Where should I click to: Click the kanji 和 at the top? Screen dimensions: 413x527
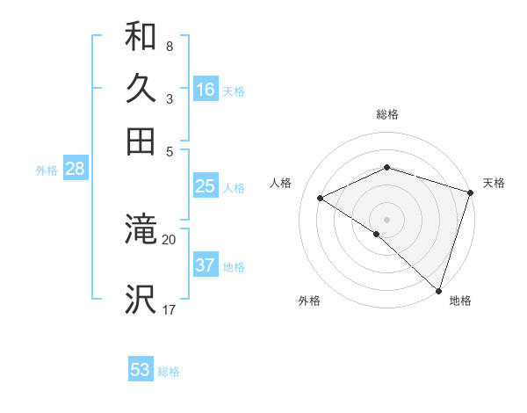(x=141, y=37)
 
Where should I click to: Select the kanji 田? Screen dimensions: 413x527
(x=141, y=141)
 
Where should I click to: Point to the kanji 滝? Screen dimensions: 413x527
(x=141, y=231)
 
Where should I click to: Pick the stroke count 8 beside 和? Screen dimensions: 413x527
(x=169, y=46)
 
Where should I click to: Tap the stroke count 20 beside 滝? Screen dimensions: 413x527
(x=169, y=239)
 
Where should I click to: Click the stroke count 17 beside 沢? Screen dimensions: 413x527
(x=169, y=309)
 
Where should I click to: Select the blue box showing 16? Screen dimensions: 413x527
(x=206, y=90)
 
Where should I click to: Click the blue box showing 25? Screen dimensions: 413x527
(x=206, y=186)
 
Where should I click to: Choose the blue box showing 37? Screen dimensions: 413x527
(x=206, y=265)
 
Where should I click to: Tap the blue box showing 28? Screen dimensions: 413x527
(x=75, y=170)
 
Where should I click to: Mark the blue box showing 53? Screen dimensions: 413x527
(x=141, y=370)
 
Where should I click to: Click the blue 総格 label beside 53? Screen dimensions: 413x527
(x=169, y=372)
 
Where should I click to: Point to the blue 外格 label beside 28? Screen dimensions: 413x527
(x=47, y=171)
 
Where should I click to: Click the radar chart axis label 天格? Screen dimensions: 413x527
(x=494, y=183)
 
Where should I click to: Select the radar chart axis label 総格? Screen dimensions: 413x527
(x=387, y=114)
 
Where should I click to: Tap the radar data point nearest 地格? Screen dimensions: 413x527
(x=438, y=289)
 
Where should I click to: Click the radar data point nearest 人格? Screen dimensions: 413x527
(x=321, y=199)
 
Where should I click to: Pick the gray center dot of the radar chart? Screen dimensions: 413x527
(x=386, y=218)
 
